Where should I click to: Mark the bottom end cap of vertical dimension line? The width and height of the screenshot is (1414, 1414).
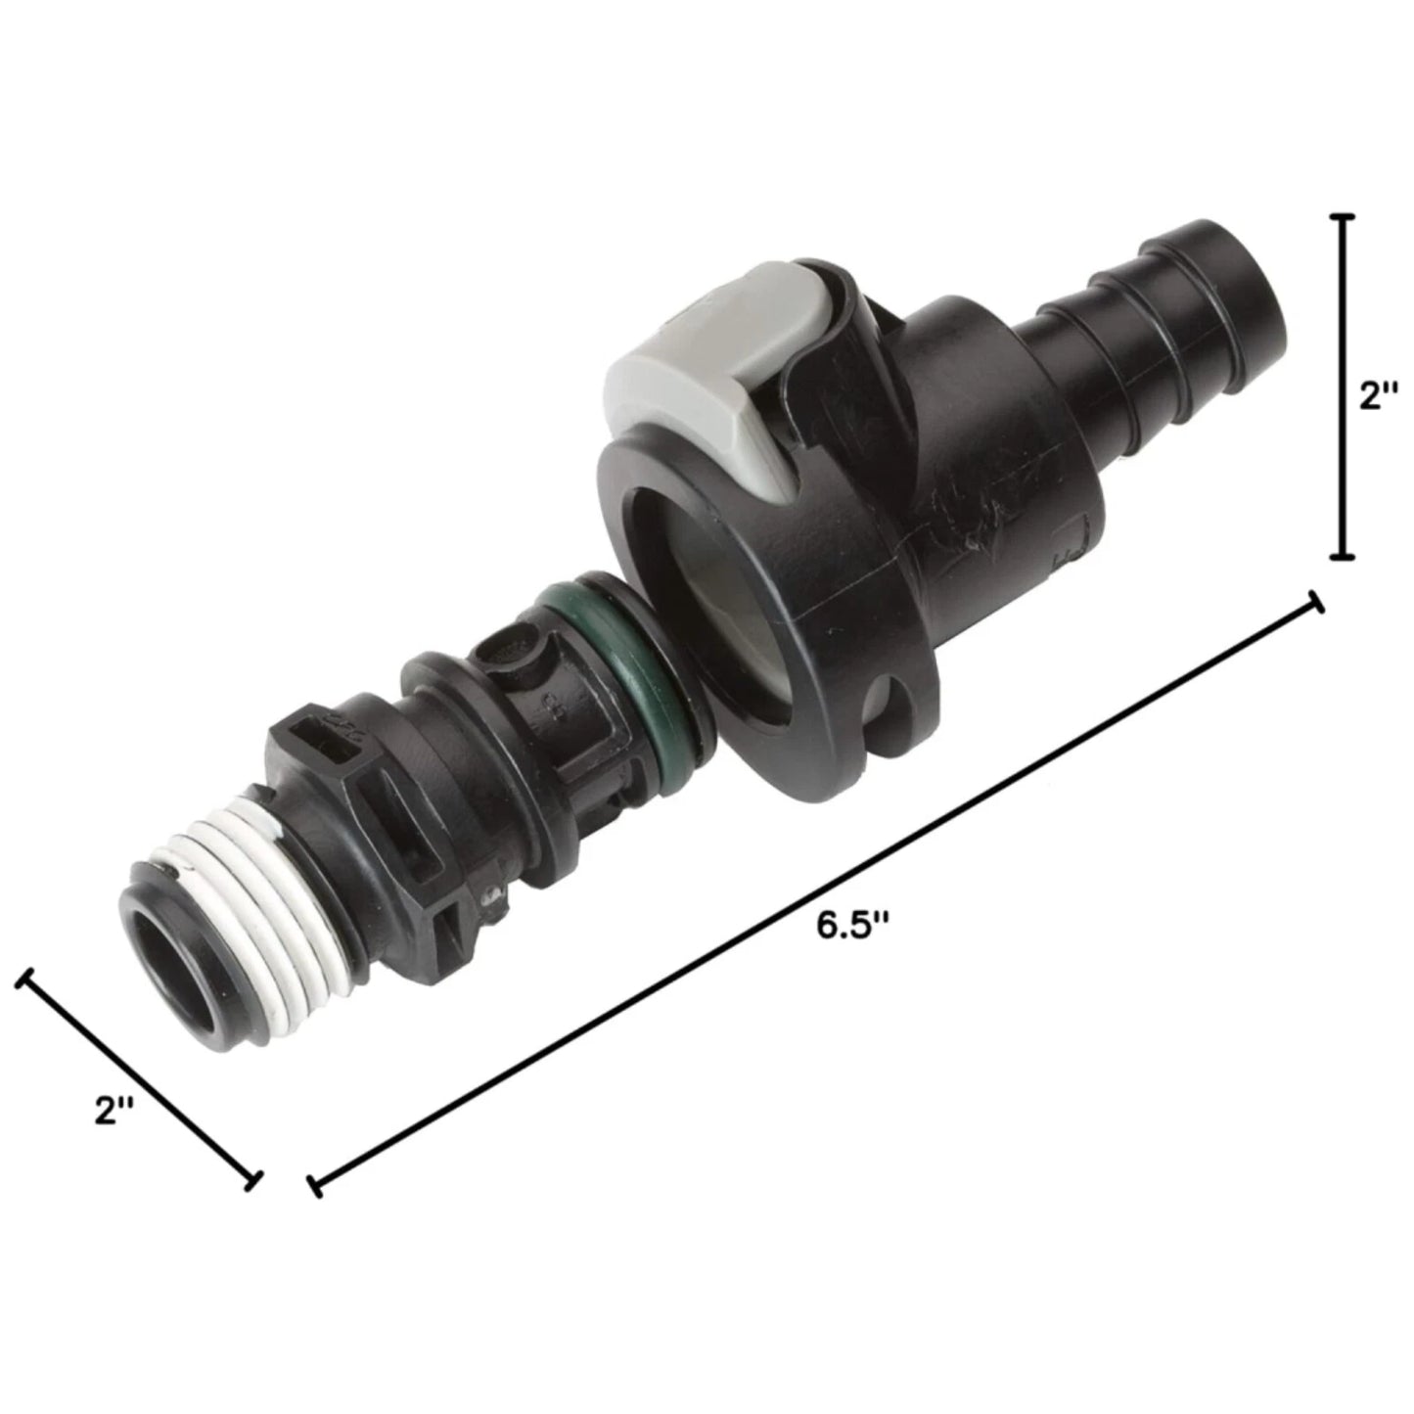(1345, 558)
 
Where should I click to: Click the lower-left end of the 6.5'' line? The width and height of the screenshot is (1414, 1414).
(314, 1186)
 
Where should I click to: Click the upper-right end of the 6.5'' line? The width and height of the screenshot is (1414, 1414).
(1316, 605)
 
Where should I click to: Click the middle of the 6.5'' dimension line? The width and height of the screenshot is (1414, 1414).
(815, 895)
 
